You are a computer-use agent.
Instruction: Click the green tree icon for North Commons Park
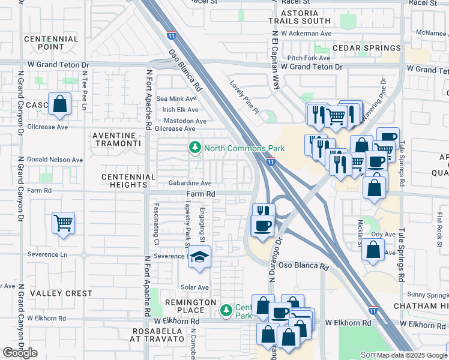194,147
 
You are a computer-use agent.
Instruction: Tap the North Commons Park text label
244,148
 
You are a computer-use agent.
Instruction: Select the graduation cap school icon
199,258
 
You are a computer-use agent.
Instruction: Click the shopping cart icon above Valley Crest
63,223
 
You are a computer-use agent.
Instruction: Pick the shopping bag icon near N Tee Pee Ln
60,104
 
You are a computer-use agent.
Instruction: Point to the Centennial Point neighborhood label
51,43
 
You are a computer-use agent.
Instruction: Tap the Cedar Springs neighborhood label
366,48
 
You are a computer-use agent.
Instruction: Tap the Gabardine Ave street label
190,183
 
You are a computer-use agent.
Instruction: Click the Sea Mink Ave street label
176,98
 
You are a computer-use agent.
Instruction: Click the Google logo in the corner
20,353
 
